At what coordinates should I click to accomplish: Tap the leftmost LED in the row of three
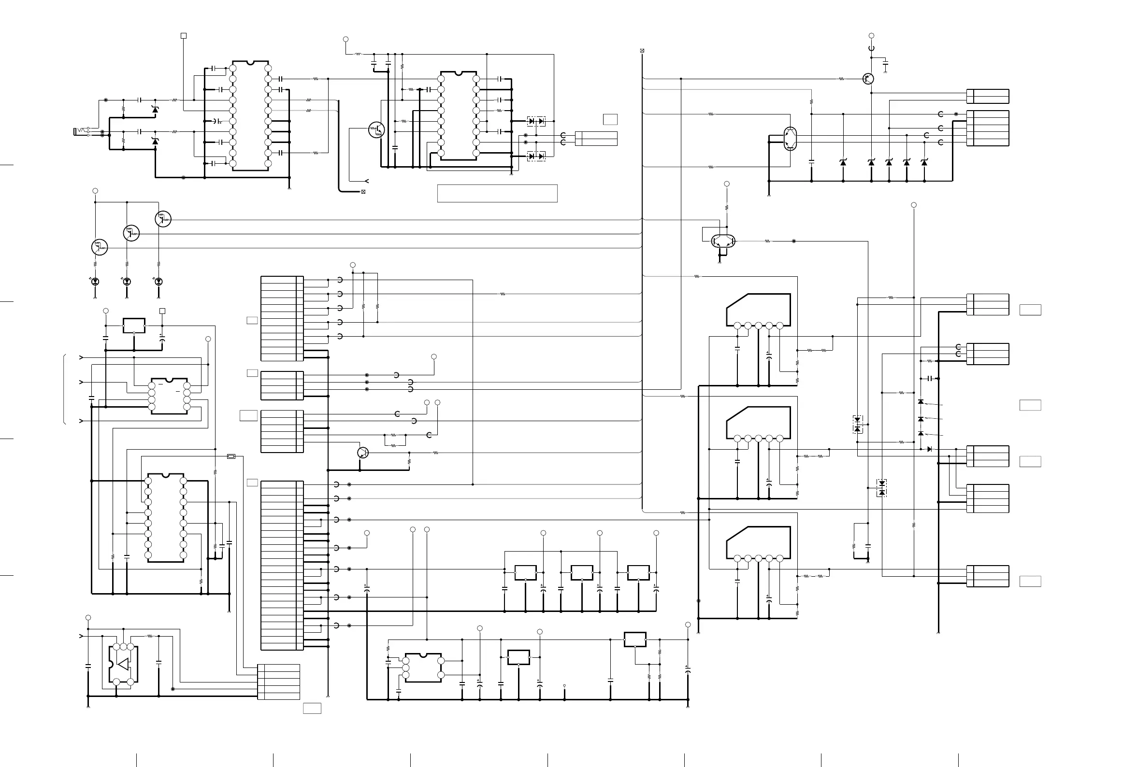point(95,281)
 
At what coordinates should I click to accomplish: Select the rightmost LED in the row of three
point(158,281)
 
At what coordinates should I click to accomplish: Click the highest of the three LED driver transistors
point(163,219)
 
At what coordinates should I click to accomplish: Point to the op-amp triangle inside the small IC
point(123,664)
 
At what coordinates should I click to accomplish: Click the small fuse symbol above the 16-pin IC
point(231,456)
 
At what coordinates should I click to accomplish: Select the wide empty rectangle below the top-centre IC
point(497,193)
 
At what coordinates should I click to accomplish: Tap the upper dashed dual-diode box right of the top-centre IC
point(536,121)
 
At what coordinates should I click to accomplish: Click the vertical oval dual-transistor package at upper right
point(790,139)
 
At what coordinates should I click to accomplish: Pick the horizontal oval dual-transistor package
point(723,241)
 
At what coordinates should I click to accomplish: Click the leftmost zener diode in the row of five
point(843,163)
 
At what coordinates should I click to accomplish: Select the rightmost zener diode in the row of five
point(924,163)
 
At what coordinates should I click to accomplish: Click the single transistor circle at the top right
point(868,79)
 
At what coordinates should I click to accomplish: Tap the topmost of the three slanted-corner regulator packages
point(759,310)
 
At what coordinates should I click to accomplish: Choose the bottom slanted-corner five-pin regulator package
point(759,543)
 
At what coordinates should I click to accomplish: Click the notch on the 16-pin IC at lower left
point(166,475)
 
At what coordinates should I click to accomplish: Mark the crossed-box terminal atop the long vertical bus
point(642,51)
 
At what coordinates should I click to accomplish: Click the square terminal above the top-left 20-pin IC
point(184,36)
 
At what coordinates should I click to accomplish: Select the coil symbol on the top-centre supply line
point(359,54)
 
